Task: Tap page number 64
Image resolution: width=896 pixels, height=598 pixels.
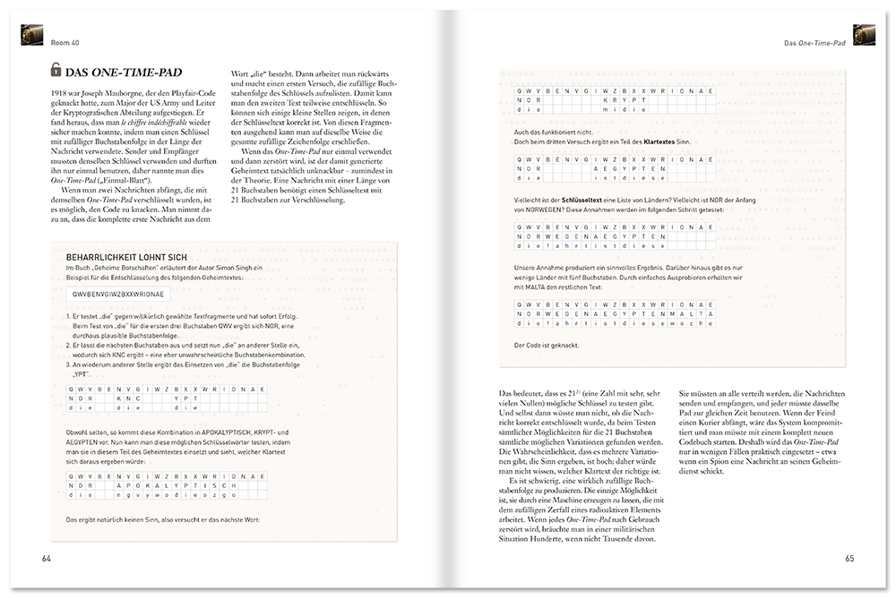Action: (47, 560)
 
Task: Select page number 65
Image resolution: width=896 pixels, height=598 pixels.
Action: (849, 560)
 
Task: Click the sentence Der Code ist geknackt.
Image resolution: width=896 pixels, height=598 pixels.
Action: (546, 345)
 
